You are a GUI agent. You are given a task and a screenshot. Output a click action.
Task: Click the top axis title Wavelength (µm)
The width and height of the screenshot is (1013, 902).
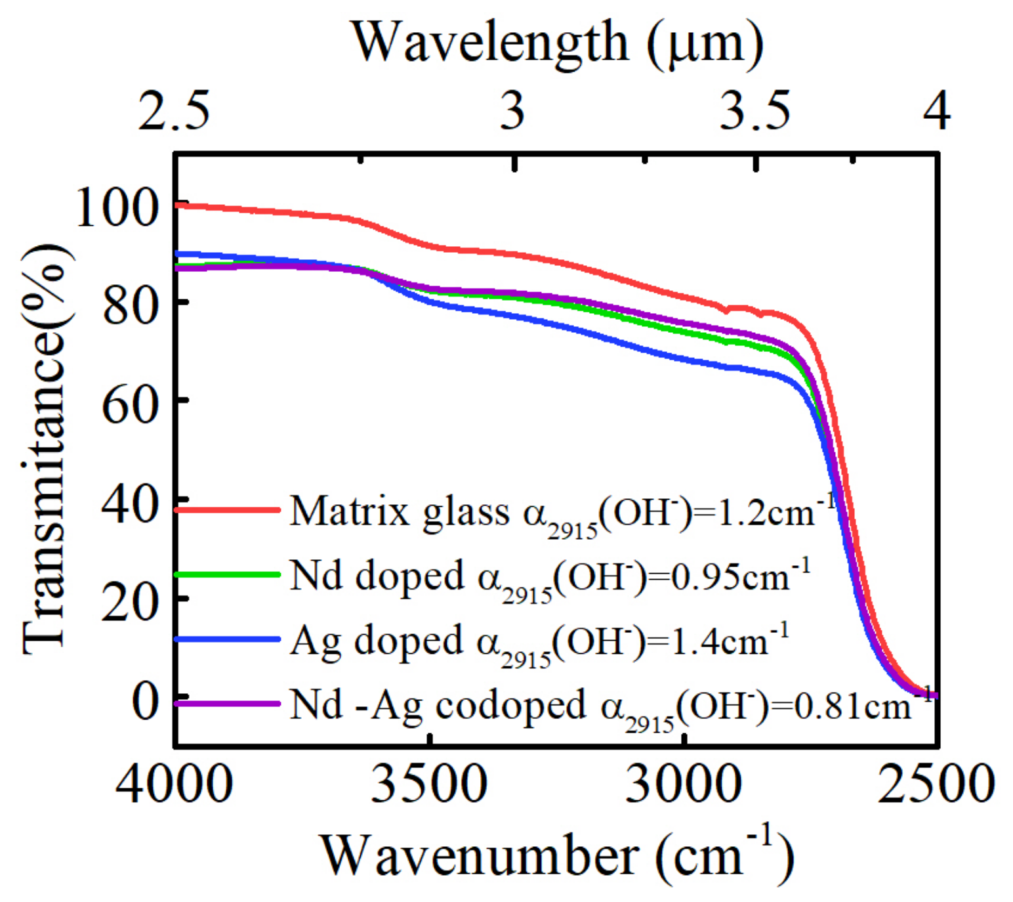click(558, 43)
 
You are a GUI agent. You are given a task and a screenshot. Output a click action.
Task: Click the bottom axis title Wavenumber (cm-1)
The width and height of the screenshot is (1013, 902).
click(557, 855)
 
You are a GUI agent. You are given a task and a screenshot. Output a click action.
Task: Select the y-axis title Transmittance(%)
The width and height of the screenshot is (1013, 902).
click(45, 449)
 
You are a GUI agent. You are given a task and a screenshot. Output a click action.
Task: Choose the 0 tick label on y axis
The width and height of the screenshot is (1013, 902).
click(145, 701)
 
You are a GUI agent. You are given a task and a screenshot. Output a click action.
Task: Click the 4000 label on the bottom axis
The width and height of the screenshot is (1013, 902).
click(174, 784)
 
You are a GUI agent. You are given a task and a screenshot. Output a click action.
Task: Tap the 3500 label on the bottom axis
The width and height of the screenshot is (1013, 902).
click(429, 784)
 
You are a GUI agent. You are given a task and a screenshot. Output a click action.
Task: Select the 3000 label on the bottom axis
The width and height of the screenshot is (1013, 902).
click(684, 784)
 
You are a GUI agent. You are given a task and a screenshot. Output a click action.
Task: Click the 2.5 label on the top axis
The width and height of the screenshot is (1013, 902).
click(174, 110)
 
